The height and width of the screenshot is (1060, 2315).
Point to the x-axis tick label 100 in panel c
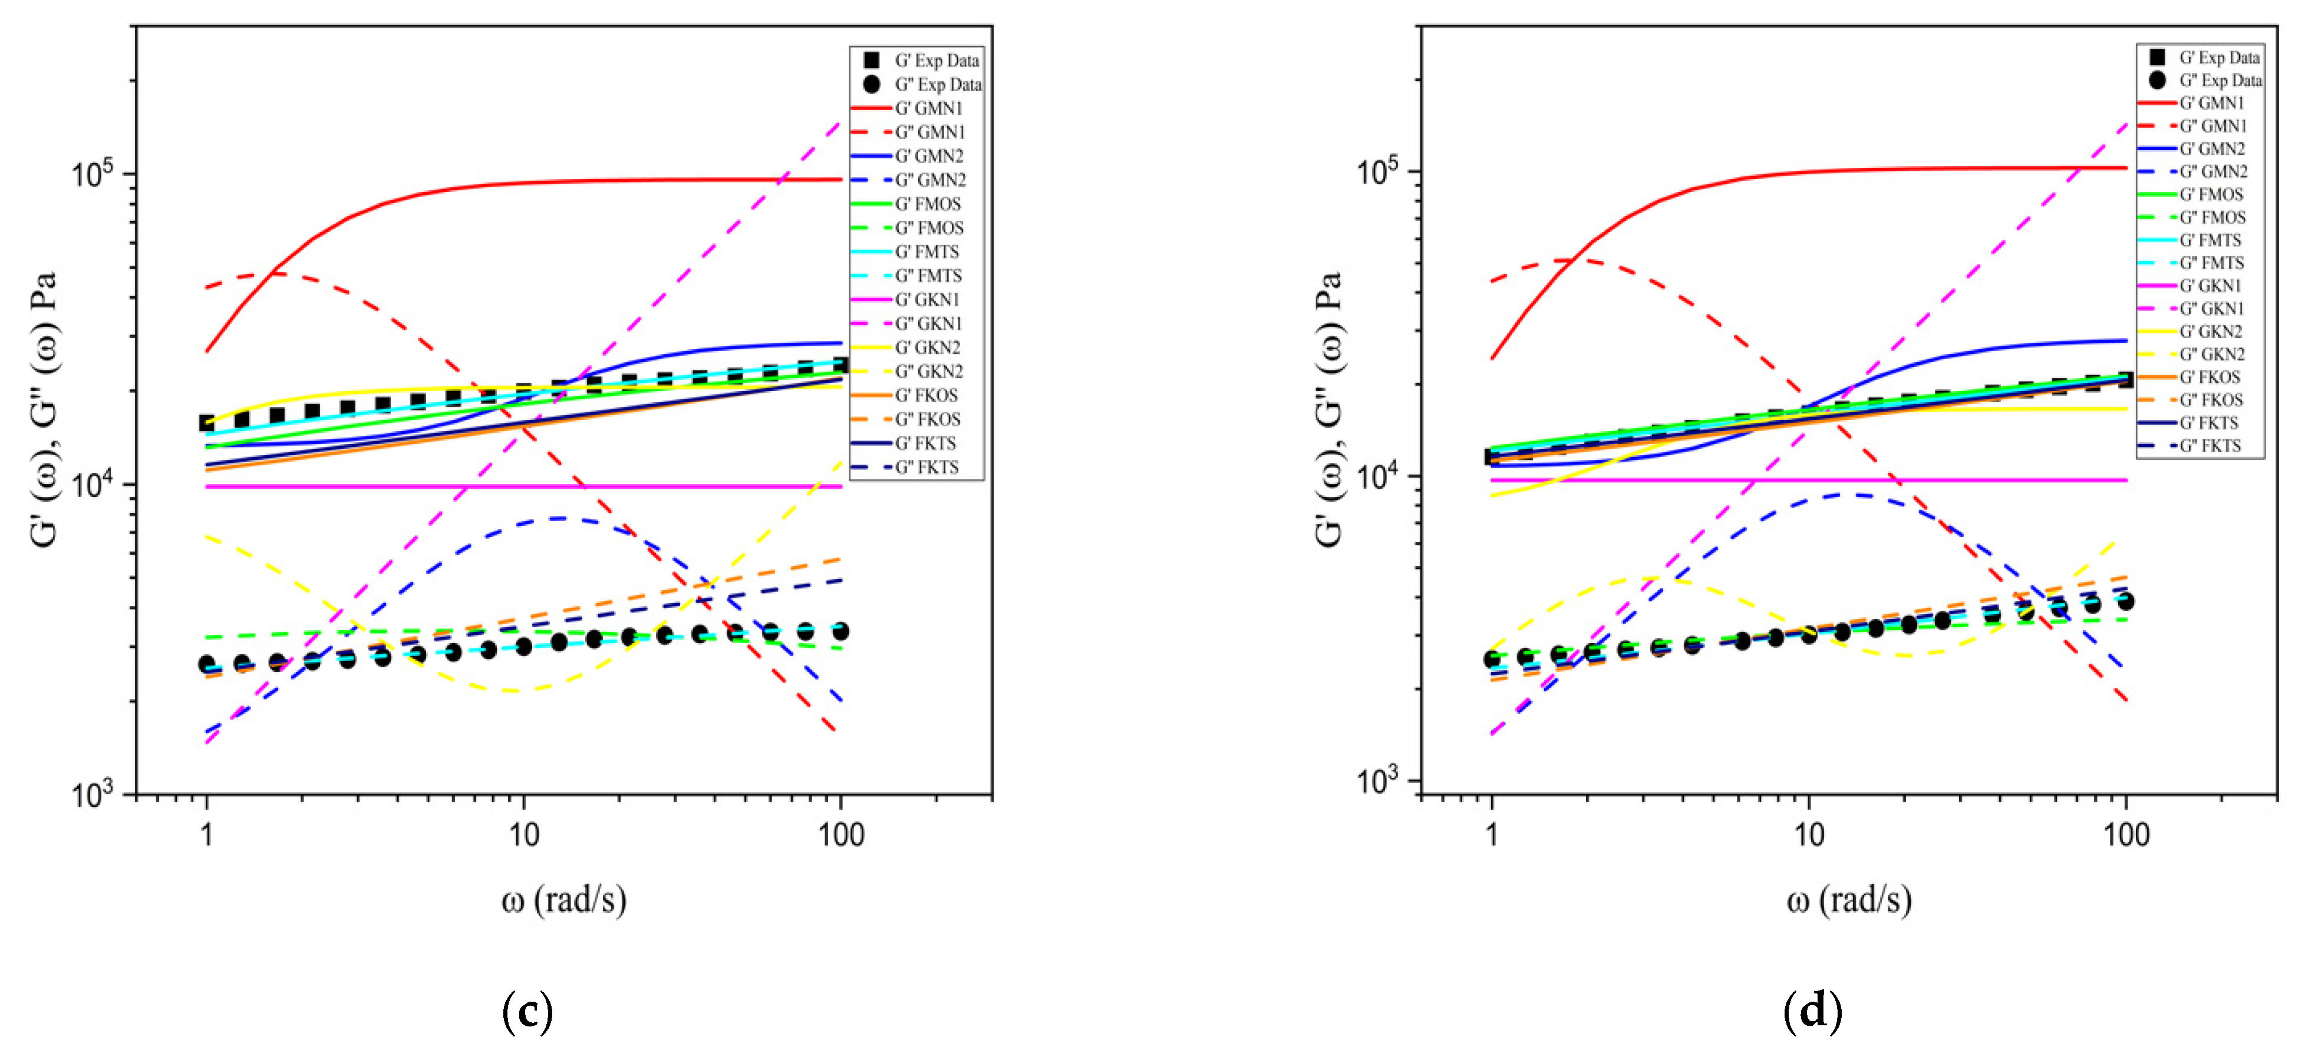pos(840,834)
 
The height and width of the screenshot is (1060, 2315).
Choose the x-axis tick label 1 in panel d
pos(1492,834)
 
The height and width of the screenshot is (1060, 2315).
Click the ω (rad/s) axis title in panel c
pos(563,899)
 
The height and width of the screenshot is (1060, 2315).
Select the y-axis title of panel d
pos(1329,409)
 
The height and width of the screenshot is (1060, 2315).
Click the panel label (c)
pos(527,1012)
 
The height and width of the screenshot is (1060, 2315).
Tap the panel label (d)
pos(1812,1012)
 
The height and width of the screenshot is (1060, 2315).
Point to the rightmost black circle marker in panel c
pos(840,631)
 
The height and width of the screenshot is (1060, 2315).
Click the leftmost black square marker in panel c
pos(207,423)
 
